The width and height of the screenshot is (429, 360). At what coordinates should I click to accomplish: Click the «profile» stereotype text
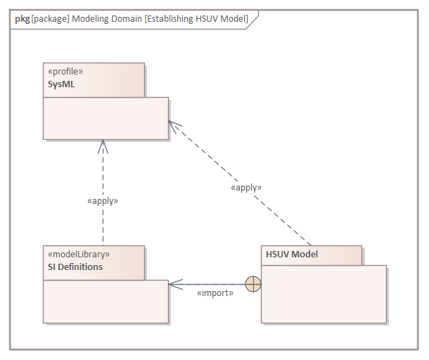click(x=65, y=72)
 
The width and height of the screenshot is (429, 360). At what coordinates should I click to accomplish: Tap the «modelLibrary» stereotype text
click(x=77, y=255)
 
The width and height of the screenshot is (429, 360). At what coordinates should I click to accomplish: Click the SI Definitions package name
click(x=74, y=267)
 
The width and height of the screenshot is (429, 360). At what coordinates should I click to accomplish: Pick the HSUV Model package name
click(x=292, y=255)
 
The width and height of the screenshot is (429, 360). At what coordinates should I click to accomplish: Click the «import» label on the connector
click(x=215, y=292)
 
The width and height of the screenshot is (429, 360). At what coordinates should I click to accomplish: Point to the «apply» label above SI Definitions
click(x=103, y=200)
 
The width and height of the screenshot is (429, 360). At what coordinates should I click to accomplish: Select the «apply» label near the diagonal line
click(x=246, y=188)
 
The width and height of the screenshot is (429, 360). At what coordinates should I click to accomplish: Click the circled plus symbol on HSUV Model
click(x=252, y=284)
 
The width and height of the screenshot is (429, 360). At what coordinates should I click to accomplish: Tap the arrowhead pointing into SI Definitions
click(x=173, y=284)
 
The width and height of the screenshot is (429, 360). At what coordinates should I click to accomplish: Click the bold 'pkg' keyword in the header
click(x=22, y=19)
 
